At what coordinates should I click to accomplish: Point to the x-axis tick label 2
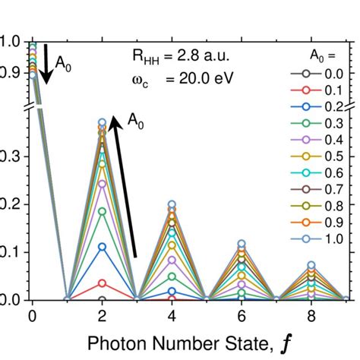pyautogui.click(x=102, y=314)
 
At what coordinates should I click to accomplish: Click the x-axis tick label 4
pyautogui.click(x=172, y=314)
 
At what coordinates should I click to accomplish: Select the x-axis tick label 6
pyautogui.click(x=242, y=314)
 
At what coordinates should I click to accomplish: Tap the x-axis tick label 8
pyautogui.click(x=311, y=314)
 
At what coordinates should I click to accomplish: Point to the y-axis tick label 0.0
pyautogui.click(x=8, y=300)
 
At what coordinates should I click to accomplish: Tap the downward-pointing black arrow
pyautogui.click(x=46, y=65)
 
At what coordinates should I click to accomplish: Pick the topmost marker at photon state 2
pyautogui.click(x=102, y=122)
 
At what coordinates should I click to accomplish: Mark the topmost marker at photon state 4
pyautogui.click(x=172, y=204)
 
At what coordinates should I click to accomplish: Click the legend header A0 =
pyautogui.click(x=319, y=55)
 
